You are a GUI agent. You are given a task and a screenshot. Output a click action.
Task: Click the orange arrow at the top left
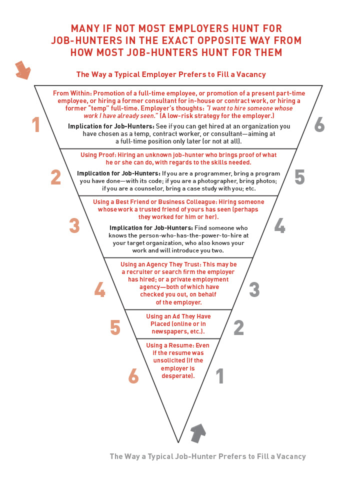click(x=22, y=70)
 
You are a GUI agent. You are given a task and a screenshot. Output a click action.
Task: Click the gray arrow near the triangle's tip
click(x=198, y=432)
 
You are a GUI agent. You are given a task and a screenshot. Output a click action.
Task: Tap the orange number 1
click(x=35, y=124)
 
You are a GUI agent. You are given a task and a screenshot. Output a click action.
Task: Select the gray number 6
click(x=319, y=124)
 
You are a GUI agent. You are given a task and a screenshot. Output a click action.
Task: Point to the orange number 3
click(x=74, y=225)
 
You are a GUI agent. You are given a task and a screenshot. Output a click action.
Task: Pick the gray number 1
click(x=219, y=376)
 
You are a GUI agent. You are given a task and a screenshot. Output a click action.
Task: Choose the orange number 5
click(x=115, y=327)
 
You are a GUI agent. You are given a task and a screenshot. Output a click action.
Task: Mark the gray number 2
click(x=238, y=327)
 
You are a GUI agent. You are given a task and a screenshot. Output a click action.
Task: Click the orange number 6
click(x=133, y=376)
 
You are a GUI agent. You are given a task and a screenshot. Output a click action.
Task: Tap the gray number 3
click(x=254, y=289)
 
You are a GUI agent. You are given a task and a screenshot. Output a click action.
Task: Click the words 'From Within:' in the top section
click(x=72, y=93)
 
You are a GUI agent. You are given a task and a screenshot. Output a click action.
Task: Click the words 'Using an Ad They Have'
click(x=178, y=316)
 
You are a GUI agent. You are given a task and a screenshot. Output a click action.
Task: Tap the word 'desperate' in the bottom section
click(x=177, y=375)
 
